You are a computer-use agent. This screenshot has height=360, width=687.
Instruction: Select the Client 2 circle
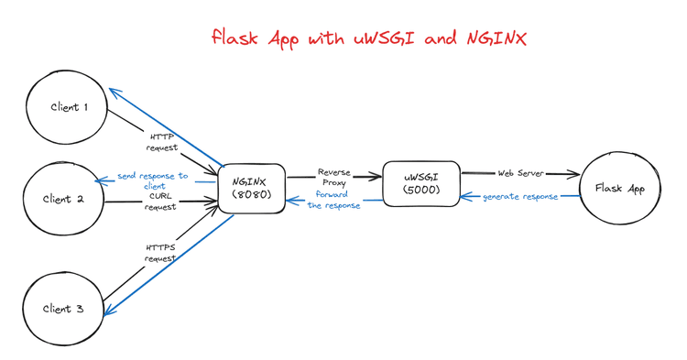[63, 199]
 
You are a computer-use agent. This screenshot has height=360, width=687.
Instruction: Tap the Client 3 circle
[63, 309]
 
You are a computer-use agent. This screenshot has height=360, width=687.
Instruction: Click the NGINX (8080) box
[251, 189]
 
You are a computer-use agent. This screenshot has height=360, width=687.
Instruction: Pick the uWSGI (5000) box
[420, 183]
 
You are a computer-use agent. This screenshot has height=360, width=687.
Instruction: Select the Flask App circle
[620, 189]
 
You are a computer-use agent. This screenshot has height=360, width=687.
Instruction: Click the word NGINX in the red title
[496, 38]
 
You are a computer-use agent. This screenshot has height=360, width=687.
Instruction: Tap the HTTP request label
[163, 142]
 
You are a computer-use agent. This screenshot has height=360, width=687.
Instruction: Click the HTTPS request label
[159, 253]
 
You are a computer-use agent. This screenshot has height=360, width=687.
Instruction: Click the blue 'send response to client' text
[153, 180]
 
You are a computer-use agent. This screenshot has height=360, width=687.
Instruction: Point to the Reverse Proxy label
[333, 178]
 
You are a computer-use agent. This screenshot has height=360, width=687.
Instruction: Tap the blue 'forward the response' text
[333, 200]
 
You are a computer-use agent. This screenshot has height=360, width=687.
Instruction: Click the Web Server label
[520, 173]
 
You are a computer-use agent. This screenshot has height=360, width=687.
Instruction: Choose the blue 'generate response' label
[520, 197]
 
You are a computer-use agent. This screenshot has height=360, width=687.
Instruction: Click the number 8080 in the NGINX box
[252, 195]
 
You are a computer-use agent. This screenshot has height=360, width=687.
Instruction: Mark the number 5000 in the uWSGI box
[420, 190]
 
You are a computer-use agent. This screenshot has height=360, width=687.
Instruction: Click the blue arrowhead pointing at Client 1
[113, 92]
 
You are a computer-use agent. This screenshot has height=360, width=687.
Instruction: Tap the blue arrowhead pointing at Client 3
[108, 310]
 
